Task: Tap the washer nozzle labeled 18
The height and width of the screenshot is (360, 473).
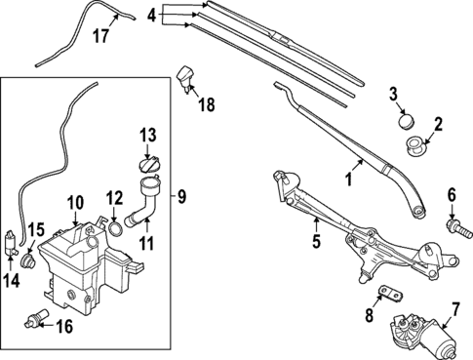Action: [x=187, y=75]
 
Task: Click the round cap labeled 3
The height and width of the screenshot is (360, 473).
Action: [x=404, y=122]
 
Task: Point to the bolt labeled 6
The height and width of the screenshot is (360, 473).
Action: [x=453, y=225]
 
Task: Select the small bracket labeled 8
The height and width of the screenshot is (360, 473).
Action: [x=391, y=294]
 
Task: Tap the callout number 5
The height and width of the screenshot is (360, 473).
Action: [x=315, y=237]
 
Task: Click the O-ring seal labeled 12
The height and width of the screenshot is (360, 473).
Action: [x=115, y=229]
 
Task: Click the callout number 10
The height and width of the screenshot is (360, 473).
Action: [x=76, y=204]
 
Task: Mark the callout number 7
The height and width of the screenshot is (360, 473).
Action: [x=454, y=314]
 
